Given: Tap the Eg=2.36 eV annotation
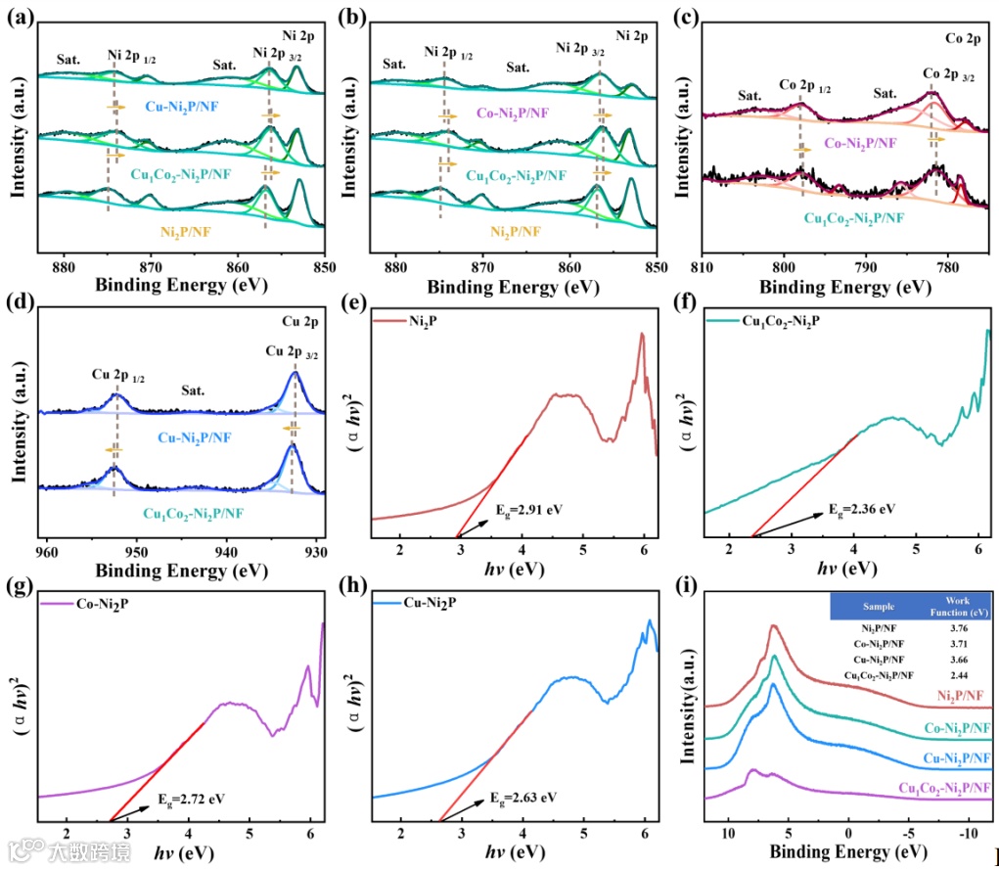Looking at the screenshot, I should [861, 510].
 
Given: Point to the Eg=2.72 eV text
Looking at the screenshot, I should [191, 799].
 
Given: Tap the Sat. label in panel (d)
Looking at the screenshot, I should [193, 390].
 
